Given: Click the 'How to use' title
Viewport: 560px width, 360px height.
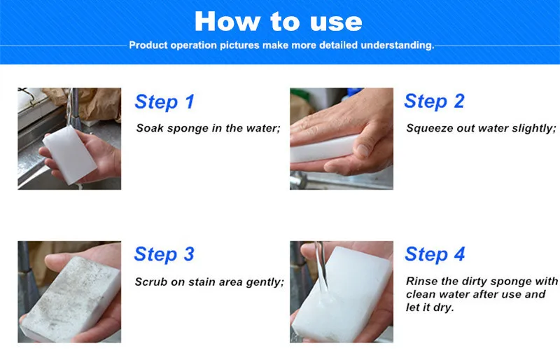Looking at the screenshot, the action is [x=278, y=22].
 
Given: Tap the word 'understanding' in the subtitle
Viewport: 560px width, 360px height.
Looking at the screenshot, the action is [x=397, y=46].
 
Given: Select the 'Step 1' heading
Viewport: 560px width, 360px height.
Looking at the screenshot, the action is [x=164, y=102].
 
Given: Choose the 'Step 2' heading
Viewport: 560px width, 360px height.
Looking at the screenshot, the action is [x=434, y=101].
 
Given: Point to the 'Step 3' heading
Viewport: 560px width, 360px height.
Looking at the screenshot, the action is [x=164, y=254].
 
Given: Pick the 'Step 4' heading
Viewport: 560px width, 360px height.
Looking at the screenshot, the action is [x=435, y=254].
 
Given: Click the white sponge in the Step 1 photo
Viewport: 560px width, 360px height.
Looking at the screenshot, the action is [x=69, y=155].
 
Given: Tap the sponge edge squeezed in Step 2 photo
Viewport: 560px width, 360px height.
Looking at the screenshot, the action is [x=323, y=148].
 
